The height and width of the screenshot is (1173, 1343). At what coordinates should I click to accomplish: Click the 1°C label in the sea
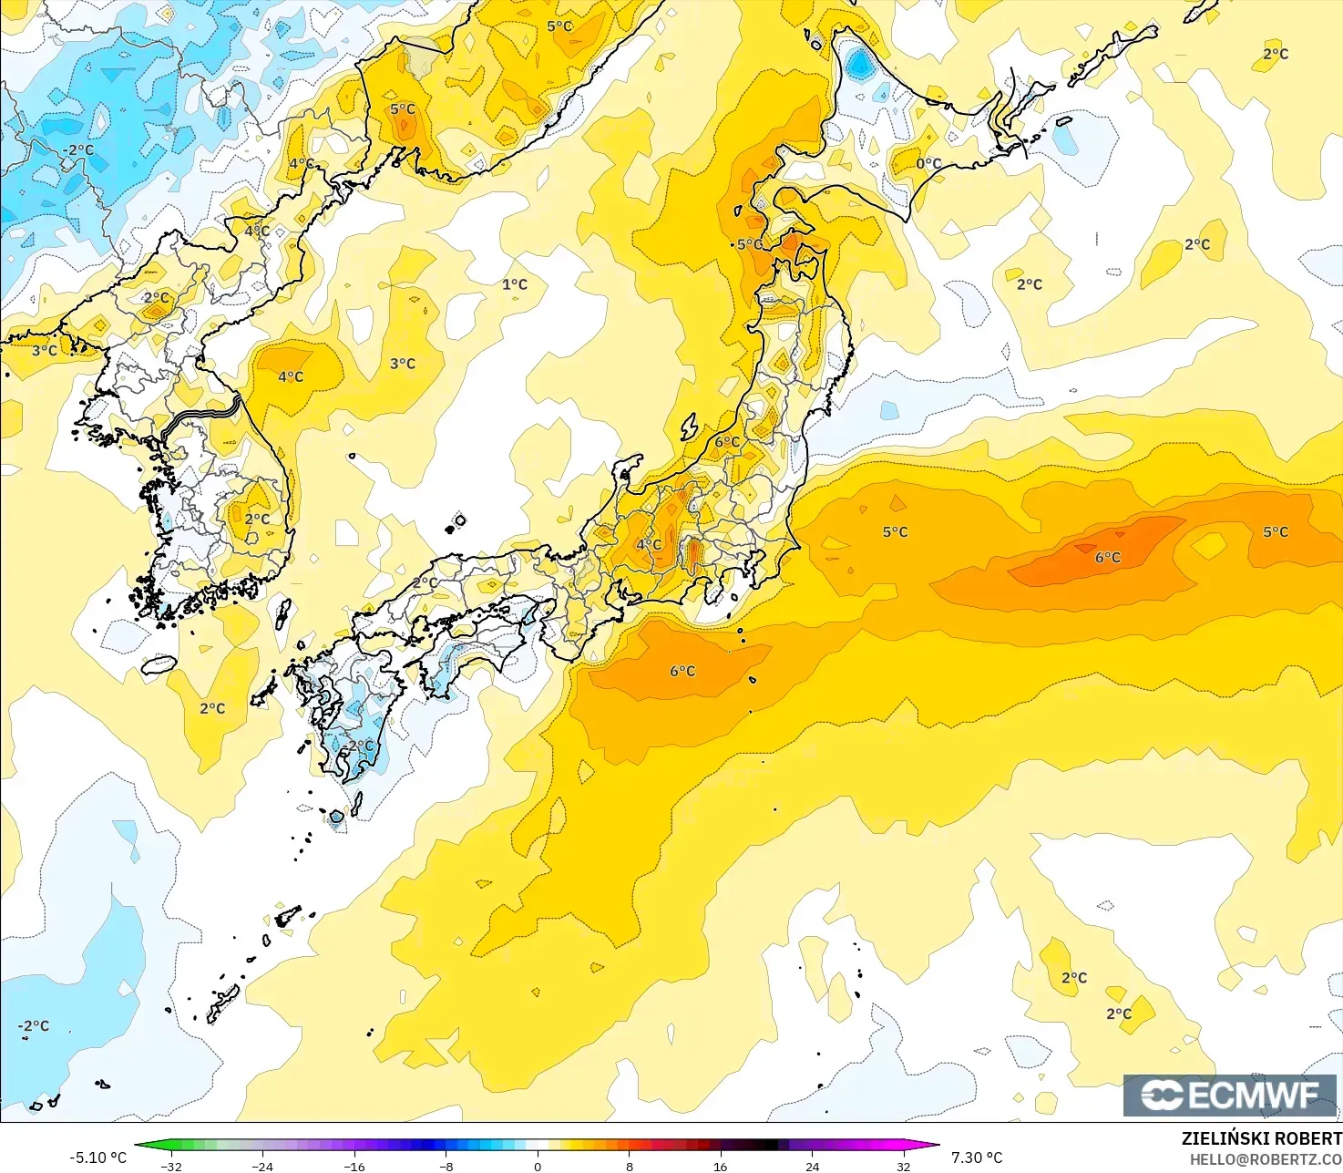pyautogui.click(x=515, y=284)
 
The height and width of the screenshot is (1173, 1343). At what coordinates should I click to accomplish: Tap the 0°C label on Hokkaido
pyautogui.click(x=928, y=164)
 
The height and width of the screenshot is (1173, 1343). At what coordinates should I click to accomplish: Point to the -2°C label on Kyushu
pyautogui.click(x=359, y=746)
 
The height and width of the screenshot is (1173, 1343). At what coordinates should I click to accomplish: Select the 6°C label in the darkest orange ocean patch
pyautogui.click(x=1108, y=557)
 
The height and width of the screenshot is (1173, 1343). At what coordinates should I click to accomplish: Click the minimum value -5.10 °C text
pyautogui.click(x=97, y=1158)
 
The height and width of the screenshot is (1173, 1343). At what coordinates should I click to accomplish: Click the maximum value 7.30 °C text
pyautogui.click(x=977, y=1158)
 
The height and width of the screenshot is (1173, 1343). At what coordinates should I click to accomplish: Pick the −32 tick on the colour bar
pyautogui.click(x=170, y=1166)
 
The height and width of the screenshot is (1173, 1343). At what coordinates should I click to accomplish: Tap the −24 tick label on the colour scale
pyautogui.click(x=262, y=1166)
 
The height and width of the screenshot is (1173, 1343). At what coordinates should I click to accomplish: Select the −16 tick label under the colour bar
pyautogui.click(x=354, y=1166)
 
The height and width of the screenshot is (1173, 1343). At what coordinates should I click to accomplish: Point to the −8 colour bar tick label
pyautogui.click(x=446, y=1166)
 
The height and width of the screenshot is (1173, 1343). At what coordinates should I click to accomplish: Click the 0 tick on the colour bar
pyautogui.click(x=538, y=1166)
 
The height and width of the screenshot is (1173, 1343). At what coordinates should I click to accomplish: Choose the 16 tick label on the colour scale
pyautogui.click(x=721, y=1166)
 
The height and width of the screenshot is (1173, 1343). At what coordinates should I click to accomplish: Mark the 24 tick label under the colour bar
pyautogui.click(x=812, y=1166)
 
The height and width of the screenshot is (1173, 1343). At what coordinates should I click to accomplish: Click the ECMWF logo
pyautogui.click(x=1229, y=1095)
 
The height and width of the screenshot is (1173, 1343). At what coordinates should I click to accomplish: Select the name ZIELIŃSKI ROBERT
pyautogui.click(x=1261, y=1138)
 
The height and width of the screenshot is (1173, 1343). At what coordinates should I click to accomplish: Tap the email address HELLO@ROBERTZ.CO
pyautogui.click(x=1266, y=1158)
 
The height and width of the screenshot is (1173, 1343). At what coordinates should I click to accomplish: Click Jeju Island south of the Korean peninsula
pyautogui.click(x=159, y=665)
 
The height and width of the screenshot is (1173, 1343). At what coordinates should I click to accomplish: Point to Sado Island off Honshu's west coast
pyautogui.click(x=689, y=427)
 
